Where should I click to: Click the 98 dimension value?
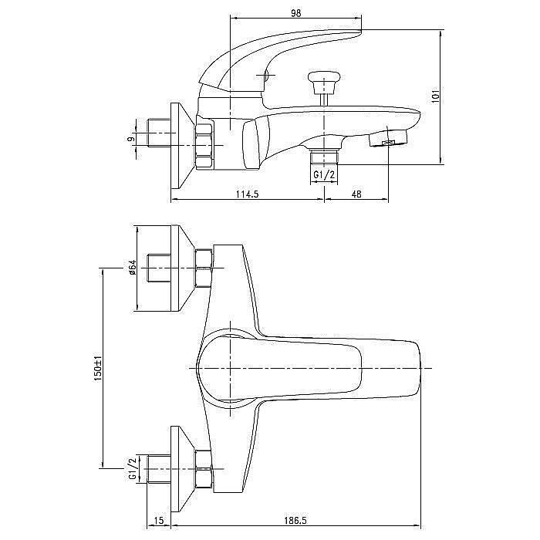[295, 13]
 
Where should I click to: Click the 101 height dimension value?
[436, 96]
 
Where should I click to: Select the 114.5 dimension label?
[247, 194]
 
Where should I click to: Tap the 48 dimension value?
[356, 194]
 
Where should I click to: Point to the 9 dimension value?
[131, 138]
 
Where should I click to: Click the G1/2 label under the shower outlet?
[324, 175]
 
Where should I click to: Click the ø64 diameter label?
[133, 267]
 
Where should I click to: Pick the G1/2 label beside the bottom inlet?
[132, 468]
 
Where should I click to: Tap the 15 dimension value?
[159, 521]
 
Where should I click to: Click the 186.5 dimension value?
[295, 521]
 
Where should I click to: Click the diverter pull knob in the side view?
[324, 83]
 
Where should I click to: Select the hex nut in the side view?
[204, 146]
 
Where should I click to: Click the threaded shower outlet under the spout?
[324, 157]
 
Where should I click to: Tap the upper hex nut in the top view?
[203, 268]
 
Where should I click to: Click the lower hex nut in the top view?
[203, 469]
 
